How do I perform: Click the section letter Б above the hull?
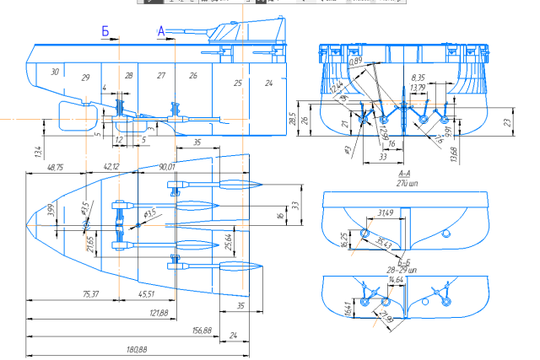(105, 32)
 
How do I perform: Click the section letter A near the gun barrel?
(160, 31)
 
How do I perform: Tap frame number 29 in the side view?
(84, 78)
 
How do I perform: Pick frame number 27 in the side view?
(161, 76)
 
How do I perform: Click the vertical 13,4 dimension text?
(37, 152)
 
